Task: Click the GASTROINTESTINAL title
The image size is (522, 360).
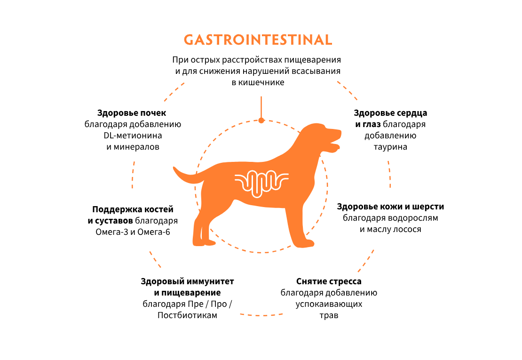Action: [258, 40]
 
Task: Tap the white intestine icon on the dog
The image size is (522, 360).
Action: [261, 182]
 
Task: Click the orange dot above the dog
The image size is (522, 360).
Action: [261, 120]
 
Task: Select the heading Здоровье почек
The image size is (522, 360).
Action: [132, 113]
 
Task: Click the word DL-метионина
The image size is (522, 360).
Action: [133, 136]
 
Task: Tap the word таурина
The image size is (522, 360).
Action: [390, 147]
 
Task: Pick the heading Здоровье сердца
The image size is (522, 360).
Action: [390, 113]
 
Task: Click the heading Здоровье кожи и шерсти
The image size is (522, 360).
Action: [390, 207]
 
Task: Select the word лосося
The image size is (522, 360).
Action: [408, 229]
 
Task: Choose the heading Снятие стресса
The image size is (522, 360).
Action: [329, 281]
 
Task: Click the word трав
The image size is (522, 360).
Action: [329, 315]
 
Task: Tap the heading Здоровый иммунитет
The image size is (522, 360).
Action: [187, 281]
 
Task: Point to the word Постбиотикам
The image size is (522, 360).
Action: [187, 315]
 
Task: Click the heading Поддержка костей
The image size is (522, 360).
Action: [133, 209]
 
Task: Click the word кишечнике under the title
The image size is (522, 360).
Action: [258, 82]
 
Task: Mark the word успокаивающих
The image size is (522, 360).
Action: [329, 304]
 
